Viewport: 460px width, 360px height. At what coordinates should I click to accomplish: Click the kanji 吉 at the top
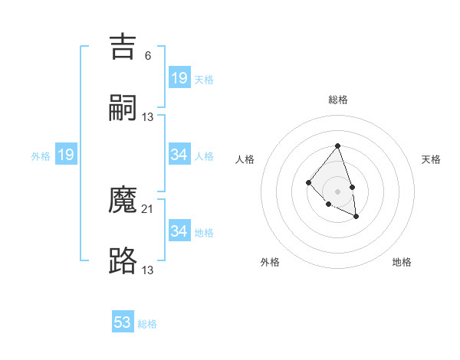[123, 47]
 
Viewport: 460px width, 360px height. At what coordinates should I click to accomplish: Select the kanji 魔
[123, 200]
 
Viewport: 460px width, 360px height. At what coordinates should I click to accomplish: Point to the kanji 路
[123, 261]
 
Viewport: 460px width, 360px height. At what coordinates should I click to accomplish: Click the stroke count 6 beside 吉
[147, 55]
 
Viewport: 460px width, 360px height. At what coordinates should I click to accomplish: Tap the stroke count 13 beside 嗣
[148, 116]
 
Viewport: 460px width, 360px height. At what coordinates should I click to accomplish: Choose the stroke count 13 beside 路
[148, 270]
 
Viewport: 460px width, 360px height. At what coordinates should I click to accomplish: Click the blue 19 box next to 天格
[179, 78]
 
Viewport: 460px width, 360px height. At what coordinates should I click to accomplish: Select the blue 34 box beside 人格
[179, 155]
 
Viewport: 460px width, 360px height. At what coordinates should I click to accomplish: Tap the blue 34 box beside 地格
[179, 231]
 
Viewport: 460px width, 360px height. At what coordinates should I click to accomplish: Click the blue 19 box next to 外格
[66, 155]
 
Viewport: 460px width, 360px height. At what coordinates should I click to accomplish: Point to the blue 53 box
[123, 322]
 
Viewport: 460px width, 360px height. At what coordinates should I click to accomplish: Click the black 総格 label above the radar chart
[338, 100]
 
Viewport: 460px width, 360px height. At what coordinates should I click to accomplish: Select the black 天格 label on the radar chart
[431, 159]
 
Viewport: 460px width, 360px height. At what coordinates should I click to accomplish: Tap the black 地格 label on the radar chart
[402, 262]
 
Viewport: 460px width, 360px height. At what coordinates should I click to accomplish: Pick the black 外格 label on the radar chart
[270, 262]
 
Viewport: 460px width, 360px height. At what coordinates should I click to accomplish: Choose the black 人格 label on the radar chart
[245, 159]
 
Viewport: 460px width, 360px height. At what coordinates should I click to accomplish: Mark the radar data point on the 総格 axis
[338, 146]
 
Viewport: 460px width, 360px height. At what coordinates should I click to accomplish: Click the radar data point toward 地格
[356, 217]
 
